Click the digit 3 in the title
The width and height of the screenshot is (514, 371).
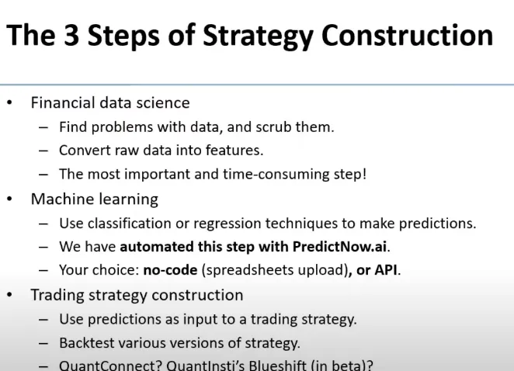71,35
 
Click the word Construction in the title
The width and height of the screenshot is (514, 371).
407,35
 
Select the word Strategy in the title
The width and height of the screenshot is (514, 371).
258,36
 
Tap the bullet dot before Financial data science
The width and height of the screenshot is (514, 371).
9,103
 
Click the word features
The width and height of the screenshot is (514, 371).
234,151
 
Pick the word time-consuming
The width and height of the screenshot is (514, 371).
276,175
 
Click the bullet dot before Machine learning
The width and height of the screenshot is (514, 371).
9,199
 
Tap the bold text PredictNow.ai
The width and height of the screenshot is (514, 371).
339,247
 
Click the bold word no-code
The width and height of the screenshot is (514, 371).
171,270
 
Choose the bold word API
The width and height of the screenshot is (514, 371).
386,270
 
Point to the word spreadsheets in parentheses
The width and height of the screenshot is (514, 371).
244,271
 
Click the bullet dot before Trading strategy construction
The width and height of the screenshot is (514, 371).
9,295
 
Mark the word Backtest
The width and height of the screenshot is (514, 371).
87,343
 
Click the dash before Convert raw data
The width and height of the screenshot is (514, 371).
43,151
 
